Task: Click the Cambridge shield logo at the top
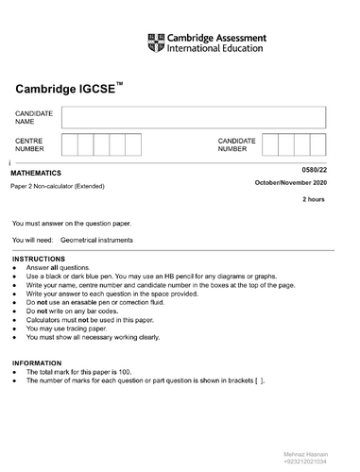[156, 42]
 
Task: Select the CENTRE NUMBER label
[28, 144]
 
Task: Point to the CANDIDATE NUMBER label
[236, 144]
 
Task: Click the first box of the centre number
[70, 144]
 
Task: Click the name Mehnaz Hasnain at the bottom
[307, 454]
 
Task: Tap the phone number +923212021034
[307, 463]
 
